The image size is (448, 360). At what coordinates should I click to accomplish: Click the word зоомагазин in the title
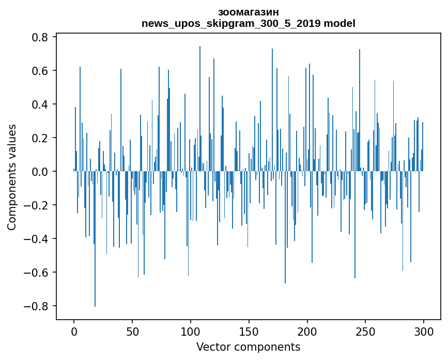pyautogui.click(x=248, y=12)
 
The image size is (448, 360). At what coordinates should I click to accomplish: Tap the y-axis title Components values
pyautogui.click(x=12, y=177)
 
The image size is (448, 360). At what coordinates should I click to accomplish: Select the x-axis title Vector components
pyautogui.click(x=248, y=347)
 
